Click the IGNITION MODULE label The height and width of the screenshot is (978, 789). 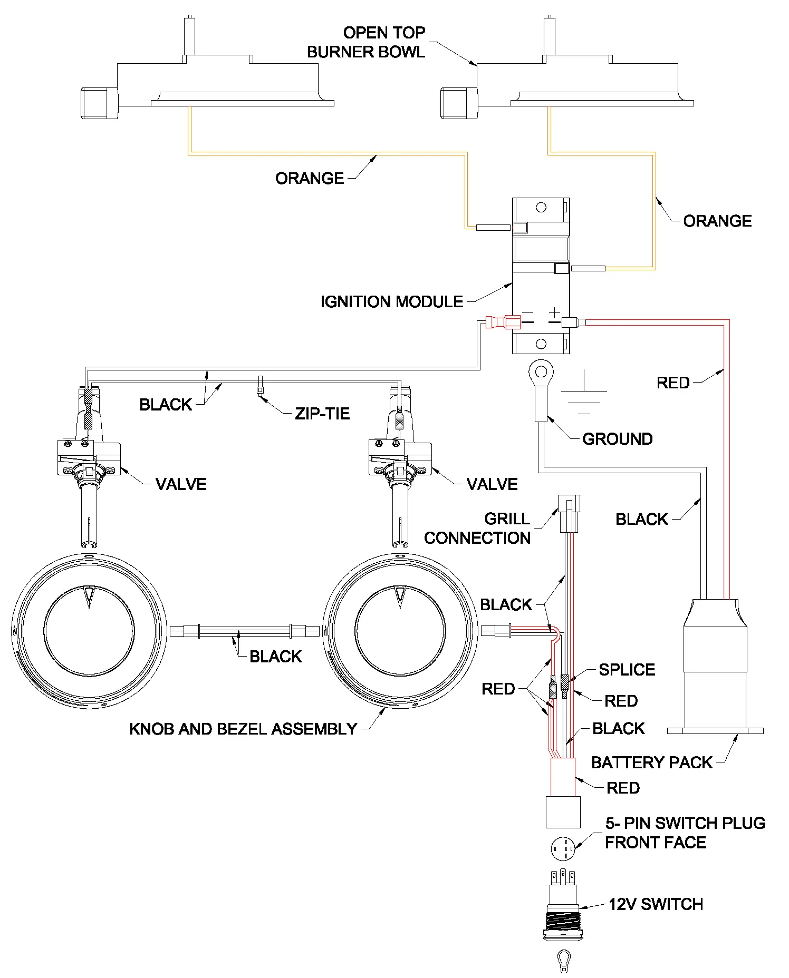[391, 302]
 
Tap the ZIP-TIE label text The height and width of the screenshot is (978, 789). [322, 414]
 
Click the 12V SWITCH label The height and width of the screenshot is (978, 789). [656, 905]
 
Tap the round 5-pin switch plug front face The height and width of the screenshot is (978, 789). [563, 848]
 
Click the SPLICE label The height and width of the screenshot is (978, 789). [627, 670]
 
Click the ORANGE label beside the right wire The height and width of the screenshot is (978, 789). [717, 221]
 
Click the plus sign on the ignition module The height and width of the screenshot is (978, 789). [554, 313]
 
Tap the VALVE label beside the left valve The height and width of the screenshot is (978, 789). [180, 484]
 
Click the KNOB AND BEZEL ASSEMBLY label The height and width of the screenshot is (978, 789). [243, 729]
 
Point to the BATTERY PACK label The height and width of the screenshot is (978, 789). [651, 762]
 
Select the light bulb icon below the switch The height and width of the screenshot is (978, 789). [563, 960]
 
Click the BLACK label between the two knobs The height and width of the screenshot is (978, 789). [275, 657]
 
